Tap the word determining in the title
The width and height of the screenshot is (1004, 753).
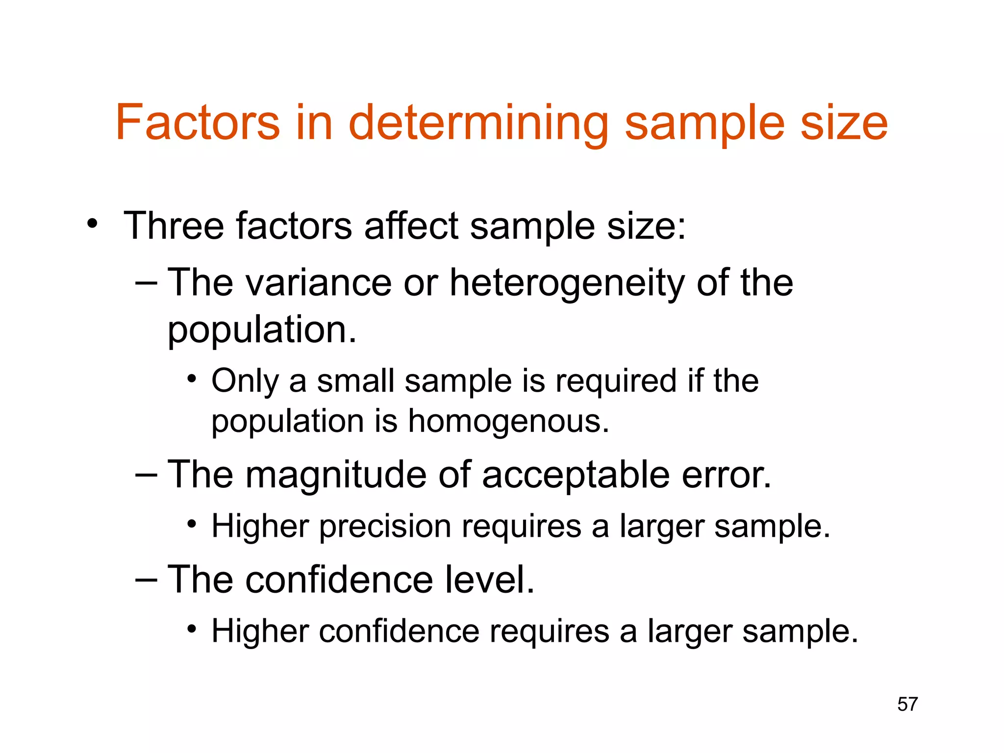click(478, 123)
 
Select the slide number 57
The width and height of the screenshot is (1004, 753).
click(907, 704)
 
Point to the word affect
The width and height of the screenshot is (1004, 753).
click(411, 226)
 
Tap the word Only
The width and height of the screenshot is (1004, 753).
click(245, 381)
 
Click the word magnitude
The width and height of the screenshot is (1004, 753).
click(336, 476)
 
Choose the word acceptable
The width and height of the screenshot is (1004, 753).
click(576, 476)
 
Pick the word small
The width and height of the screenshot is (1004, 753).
click(355, 381)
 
